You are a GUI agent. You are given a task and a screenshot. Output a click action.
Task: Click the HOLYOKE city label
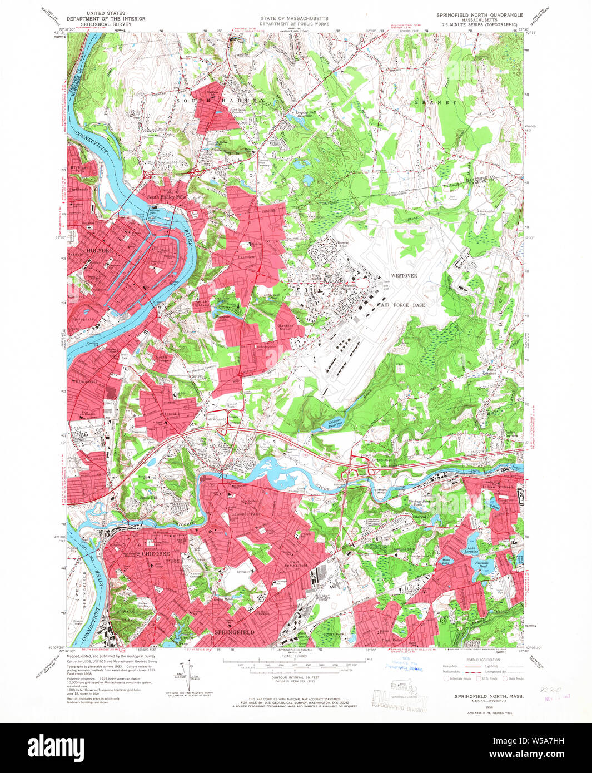pyautogui.click(x=100, y=251)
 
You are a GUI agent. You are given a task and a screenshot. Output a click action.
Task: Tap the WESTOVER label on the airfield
pyautogui.click(x=404, y=275)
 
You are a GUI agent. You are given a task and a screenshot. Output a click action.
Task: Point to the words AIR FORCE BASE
pyautogui.click(x=403, y=305)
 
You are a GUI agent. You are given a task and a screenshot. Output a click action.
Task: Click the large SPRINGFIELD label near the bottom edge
pyautogui.click(x=235, y=632)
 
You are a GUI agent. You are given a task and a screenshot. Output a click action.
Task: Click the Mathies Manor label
pyautogui.click(x=286, y=327)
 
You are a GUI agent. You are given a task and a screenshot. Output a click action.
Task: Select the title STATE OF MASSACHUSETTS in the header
pyautogui.click(x=295, y=18)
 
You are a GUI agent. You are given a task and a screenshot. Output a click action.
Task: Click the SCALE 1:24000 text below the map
pyautogui.click(x=295, y=656)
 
